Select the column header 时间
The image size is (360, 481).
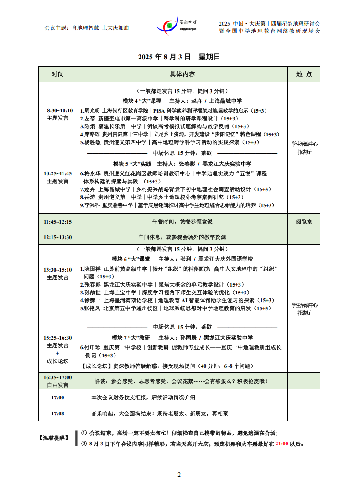click(57, 74)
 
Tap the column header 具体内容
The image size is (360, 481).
click(183, 74)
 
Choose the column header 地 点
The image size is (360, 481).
click(303, 74)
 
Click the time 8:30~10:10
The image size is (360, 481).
click(60, 110)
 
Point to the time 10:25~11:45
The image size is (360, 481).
click(57, 173)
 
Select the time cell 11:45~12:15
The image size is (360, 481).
click(57, 222)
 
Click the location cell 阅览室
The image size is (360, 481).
click(303, 222)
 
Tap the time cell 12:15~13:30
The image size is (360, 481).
click(57, 237)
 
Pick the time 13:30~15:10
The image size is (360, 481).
click(57, 270)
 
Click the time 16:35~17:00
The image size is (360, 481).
click(57, 377)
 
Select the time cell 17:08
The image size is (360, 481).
click(57, 413)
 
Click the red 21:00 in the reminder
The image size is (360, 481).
click(281, 443)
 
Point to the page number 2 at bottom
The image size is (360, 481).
click(179, 475)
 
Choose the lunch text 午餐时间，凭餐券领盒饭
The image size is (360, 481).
click(182, 222)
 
